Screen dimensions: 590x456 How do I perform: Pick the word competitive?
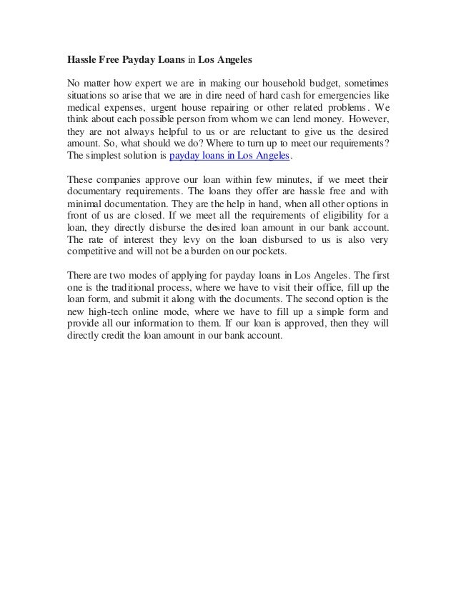(92, 251)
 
